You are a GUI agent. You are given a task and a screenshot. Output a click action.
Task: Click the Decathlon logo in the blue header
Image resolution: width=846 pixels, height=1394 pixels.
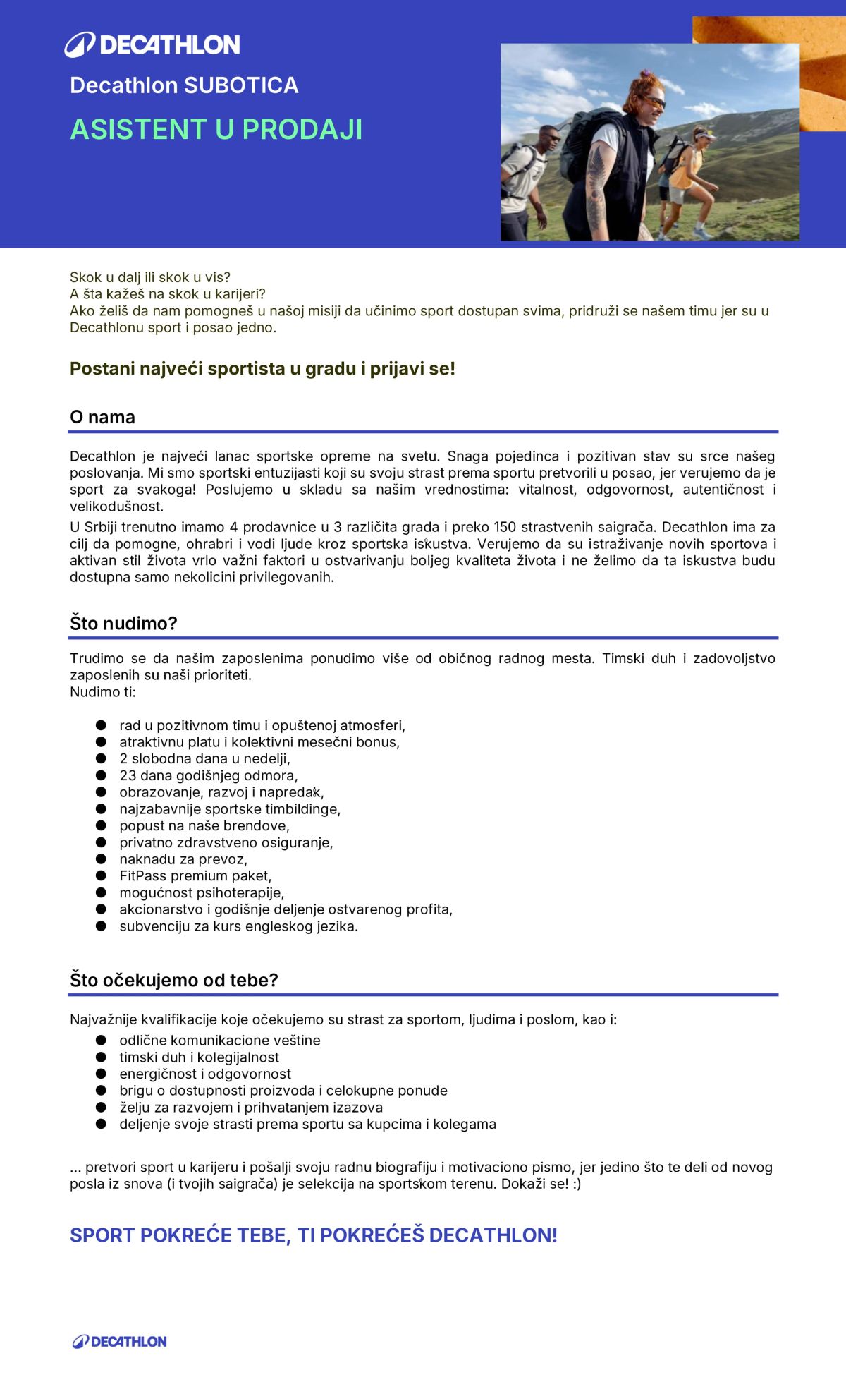pos(152,44)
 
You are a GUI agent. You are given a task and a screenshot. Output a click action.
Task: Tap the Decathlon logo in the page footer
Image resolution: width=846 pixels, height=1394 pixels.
pos(120,1341)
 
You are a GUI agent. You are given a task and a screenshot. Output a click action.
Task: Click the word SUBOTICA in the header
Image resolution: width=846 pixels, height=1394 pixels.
pos(240,85)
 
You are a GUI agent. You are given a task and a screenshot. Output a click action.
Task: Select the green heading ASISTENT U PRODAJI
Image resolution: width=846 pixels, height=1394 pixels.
pos(216,129)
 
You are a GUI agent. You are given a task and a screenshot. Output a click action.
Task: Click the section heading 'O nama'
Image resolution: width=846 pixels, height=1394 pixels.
pos(102,417)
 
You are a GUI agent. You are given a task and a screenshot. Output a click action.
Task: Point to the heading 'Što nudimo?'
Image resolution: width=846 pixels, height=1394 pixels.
pos(123,623)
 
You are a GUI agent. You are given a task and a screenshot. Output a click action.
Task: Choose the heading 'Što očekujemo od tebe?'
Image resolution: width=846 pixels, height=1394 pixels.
pos(174,980)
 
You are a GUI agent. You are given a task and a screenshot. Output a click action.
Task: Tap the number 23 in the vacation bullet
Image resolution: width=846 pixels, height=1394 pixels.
pos(128,775)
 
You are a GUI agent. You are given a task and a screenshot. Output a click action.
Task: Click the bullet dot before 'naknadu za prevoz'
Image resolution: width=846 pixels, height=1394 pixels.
pos(101,859)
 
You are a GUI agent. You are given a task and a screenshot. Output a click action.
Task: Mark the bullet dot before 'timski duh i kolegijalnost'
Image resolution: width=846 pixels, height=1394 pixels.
pos(101,1057)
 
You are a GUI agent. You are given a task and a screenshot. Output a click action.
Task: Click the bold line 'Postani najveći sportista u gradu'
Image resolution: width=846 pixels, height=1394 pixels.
pos(262,369)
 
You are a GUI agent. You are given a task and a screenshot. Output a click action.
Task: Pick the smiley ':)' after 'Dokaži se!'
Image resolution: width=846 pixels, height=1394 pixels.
pos(577,1184)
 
